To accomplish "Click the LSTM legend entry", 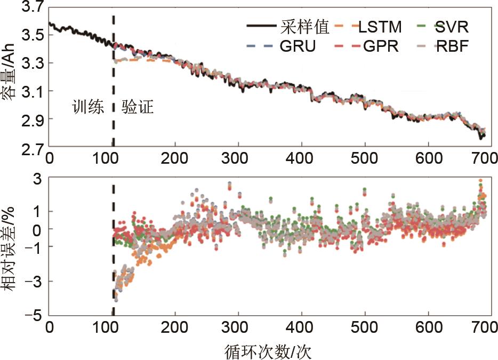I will click(x=380, y=26).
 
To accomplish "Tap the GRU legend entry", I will click(x=298, y=46).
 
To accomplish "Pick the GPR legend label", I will click(x=380, y=46).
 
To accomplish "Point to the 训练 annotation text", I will click(x=87, y=108).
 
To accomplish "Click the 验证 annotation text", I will click(x=138, y=108).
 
